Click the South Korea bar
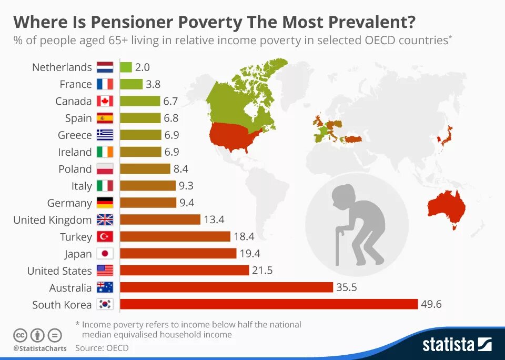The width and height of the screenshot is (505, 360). [269, 304]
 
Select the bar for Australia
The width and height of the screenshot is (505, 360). [226, 287]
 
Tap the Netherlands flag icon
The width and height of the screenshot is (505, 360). [105, 67]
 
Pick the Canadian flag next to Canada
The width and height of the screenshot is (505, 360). [105, 101]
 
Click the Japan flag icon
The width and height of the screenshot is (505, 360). [105, 254]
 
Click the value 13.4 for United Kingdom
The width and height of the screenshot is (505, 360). [214, 219]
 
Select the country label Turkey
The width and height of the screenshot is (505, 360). [76, 237]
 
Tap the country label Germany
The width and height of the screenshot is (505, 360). [69, 203]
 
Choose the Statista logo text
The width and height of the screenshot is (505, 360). [448, 345]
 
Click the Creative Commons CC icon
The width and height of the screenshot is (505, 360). [20, 335]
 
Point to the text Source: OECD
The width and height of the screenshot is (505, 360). [102, 348]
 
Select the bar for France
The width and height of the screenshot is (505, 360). [132, 84]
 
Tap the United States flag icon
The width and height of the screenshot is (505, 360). [105, 271]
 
